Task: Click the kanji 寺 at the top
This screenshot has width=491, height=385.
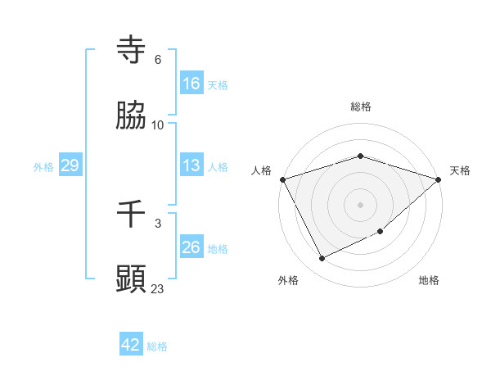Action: coord(132,51)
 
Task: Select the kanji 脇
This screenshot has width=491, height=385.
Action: coord(132,117)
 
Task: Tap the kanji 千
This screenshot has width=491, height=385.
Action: coord(132,215)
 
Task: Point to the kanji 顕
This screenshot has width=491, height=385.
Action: coord(132,279)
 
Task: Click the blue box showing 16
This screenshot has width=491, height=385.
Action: coord(191,84)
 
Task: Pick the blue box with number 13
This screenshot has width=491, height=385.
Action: coord(191,165)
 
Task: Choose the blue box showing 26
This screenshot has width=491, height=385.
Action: coord(191,247)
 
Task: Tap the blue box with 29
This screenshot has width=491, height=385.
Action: coord(70,165)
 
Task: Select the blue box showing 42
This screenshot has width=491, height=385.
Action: coord(131,345)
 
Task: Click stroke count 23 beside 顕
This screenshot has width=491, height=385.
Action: coord(158,288)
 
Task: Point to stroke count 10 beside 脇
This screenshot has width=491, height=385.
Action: coord(158,125)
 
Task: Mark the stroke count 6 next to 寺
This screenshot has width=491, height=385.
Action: coord(158,60)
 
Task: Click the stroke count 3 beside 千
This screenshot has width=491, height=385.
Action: coord(158,223)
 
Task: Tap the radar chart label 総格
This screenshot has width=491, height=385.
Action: coord(361,106)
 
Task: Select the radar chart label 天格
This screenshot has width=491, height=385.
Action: coord(460,170)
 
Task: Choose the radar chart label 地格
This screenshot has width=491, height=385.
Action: coord(429,280)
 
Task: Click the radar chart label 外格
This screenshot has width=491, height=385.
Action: coord(288,280)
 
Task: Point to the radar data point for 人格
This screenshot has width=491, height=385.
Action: coord(282,179)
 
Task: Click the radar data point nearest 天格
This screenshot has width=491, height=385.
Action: coord(439,179)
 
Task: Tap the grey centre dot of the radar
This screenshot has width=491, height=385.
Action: coord(361,204)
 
